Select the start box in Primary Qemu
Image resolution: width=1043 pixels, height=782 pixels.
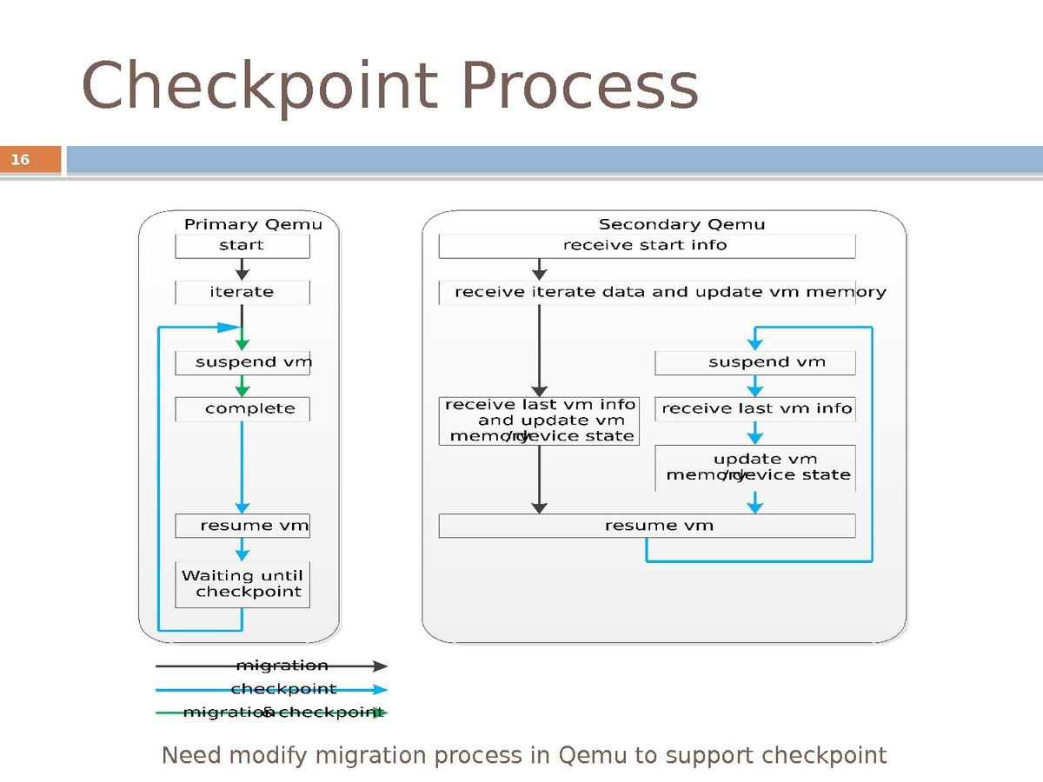pyautogui.click(x=242, y=246)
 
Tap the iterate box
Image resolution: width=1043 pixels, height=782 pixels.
pyautogui.click(x=242, y=293)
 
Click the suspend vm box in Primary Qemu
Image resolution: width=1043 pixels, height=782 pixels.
pyautogui.click(x=242, y=362)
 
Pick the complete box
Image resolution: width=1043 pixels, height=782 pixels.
pyautogui.click(x=242, y=409)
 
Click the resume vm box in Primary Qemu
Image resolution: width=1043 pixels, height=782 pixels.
pyautogui.click(x=242, y=526)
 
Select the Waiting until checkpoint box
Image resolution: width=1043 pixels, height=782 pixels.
pyautogui.click(x=242, y=584)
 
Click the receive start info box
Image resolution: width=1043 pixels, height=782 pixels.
pyautogui.click(x=646, y=246)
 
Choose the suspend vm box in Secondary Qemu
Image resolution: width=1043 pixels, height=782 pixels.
pyautogui.click(x=754, y=362)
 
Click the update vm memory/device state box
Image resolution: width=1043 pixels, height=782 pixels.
pyautogui.click(x=754, y=467)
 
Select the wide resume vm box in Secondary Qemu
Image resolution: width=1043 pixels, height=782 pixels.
pyautogui.click(x=646, y=526)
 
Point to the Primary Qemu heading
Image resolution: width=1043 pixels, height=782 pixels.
pyautogui.click(x=253, y=224)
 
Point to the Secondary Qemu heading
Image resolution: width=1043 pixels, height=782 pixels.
pyautogui.click(x=681, y=224)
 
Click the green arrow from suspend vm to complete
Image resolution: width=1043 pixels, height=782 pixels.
pyautogui.click(x=242, y=386)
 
